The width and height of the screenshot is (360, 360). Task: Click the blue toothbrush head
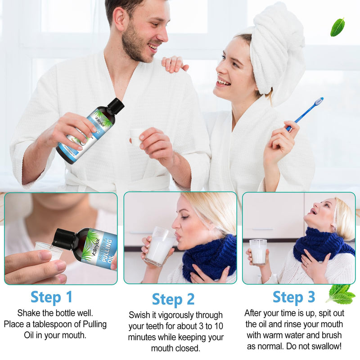tap(319, 101)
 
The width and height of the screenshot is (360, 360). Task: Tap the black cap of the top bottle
tap(116, 106)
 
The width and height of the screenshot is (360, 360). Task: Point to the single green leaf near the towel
tap(337, 27)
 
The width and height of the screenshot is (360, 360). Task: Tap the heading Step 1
tap(51, 297)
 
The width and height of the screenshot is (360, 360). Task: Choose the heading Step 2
tap(173, 299)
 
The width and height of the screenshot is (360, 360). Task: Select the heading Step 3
tap(294, 297)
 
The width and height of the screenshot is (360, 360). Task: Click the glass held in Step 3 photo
tap(258, 252)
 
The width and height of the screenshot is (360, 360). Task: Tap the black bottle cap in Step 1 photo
tap(63, 239)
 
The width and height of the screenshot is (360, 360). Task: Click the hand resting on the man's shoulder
tap(174, 64)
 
